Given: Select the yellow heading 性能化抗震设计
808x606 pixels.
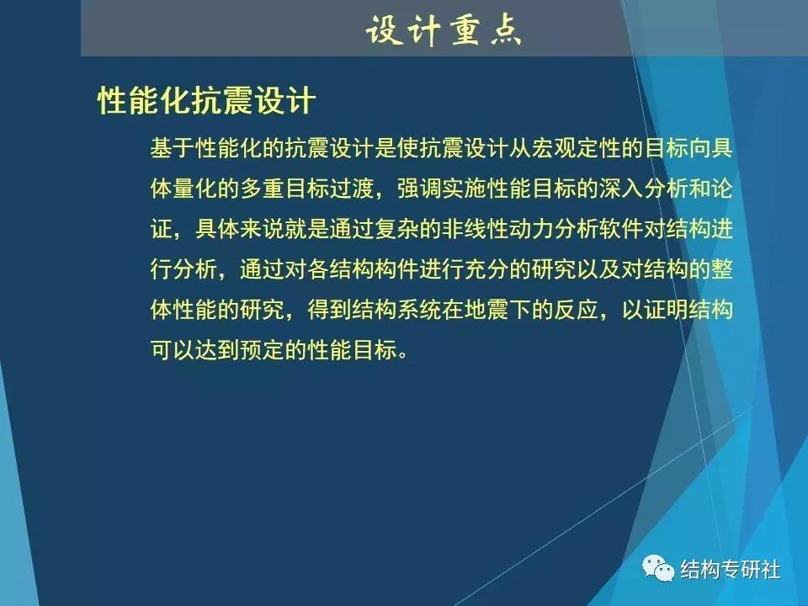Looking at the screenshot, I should tap(206, 102).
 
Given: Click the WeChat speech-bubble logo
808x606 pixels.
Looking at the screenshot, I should tap(658, 570).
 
